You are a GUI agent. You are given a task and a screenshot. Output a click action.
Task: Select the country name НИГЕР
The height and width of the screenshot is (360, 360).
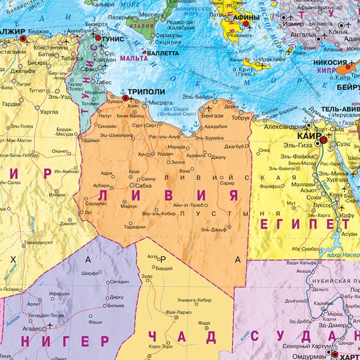65,340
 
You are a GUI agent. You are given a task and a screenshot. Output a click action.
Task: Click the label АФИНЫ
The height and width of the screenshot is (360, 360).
247,18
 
